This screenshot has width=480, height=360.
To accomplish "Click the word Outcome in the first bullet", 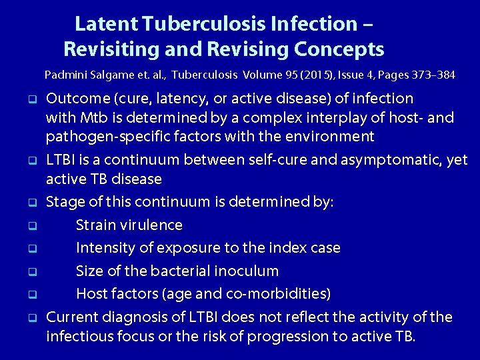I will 78,99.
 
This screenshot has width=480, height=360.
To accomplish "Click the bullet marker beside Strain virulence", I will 31,226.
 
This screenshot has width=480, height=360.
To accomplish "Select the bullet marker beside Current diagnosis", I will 31,317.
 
